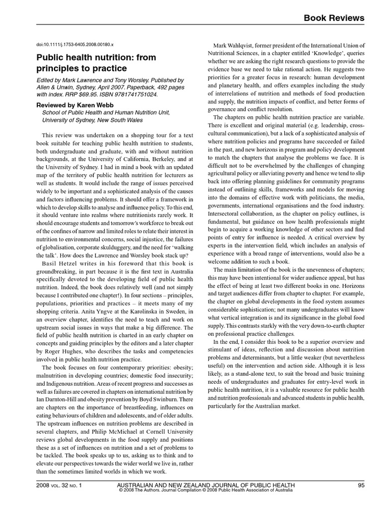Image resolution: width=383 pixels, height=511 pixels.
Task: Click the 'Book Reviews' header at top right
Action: click(x=335, y=18)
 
